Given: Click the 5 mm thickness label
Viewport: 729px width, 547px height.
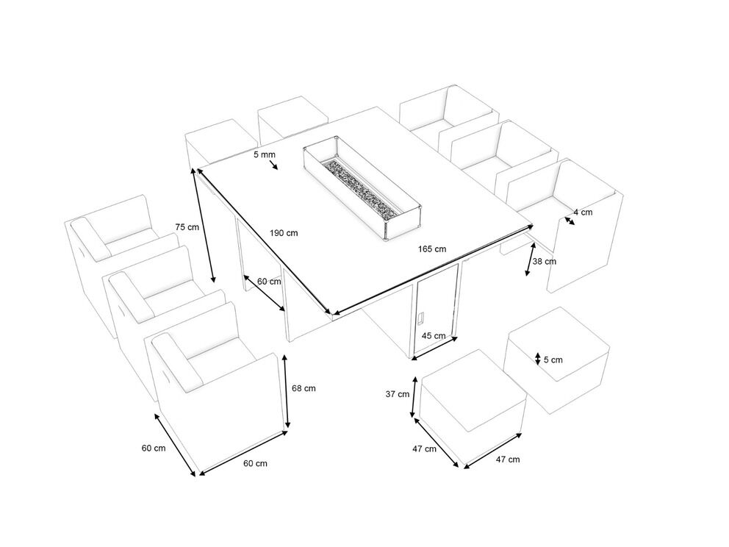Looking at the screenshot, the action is (x=265, y=154).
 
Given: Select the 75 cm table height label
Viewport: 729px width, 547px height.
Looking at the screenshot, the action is (x=187, y=227).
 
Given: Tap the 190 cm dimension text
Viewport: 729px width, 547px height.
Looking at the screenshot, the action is (x=284, y=232).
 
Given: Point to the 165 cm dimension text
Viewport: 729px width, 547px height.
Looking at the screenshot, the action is (x=432, y=249).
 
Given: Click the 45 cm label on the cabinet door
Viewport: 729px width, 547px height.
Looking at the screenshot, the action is (x=434, y=335).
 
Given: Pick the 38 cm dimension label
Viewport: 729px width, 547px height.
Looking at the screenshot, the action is (x=544, y=261).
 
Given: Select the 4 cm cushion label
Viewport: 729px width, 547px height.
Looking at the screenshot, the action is (x=583, y=212).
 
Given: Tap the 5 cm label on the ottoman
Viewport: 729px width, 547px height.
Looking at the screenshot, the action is (x=553, y=360).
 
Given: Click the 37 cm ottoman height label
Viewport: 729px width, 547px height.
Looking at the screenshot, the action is (x=398, y=394).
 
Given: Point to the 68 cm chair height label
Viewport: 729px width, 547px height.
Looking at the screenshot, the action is (x=304, y=388).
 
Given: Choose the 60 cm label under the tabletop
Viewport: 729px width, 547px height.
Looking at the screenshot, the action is (x=269, y=282).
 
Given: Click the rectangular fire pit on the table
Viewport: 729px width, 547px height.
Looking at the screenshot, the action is (x=362, y=188).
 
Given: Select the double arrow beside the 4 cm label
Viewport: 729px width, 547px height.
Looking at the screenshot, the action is (x=570, y=221).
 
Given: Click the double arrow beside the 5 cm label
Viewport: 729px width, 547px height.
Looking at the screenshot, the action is (x=537, y=359).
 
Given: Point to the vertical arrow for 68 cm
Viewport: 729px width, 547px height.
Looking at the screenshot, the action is (x=287, y=391).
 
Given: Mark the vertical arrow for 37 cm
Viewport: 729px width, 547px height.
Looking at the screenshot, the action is (x=413, y=398).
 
